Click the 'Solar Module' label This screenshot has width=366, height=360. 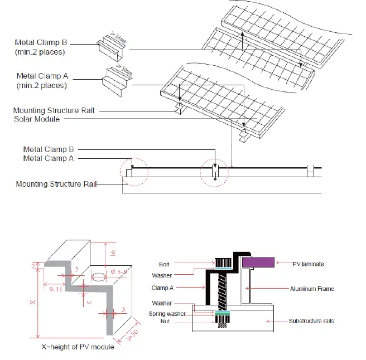[x=37, y=119]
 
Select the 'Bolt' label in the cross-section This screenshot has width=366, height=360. [x=163, y=264]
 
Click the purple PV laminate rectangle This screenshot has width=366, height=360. [x=257, y=261]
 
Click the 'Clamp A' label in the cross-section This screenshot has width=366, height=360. [x=163, y=288]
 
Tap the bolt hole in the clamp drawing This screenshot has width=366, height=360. [x=99, y=276]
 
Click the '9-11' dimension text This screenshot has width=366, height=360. [x=54, y=289]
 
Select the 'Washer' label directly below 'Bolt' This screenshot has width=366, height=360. [x=162, y=275]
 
